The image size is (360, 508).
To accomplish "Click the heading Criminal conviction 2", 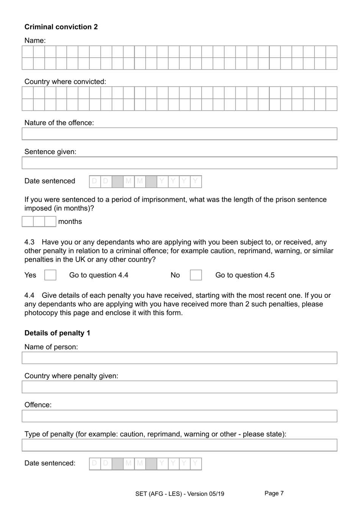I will click(x=61, y=27).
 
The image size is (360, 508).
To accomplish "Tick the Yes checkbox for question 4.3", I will click(x=50, y=275).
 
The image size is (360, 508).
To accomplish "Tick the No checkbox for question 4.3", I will click(x=196, y=275).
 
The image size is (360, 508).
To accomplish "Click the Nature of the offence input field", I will click(x=179, y=134).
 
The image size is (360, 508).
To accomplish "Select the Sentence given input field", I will click(x=179, y=163).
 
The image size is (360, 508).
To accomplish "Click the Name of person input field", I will click(x=179, y=358).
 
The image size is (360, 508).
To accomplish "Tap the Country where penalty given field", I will click(x=179, y=387).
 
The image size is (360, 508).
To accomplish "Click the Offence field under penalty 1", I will click(x=179, y=416).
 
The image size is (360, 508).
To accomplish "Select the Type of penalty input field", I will click(x=179, y=445).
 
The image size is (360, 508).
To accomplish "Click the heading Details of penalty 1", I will click(x=57, y=333).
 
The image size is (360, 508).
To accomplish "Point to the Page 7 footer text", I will click(x=274, y=493).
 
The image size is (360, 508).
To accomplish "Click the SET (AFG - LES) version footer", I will click(x=180, y=494).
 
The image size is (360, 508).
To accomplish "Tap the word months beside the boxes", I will click(x=70, y=221).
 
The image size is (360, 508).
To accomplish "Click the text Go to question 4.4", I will click(x=99, y=275).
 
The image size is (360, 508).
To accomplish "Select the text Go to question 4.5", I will click(x=245, y=275).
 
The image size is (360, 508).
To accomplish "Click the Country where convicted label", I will click(x=65, y=82).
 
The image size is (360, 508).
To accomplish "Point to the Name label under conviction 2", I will click(x=35, y=41).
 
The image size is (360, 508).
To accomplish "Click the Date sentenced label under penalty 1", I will click(x=50, y=463).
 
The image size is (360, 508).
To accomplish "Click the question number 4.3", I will click(x=30, y=242).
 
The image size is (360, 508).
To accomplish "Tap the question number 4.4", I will click(x=30, y=296).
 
